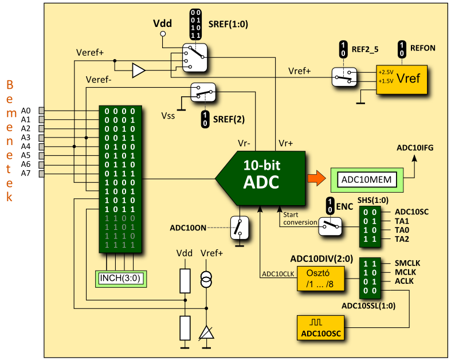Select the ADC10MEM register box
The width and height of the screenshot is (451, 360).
pos(367,179)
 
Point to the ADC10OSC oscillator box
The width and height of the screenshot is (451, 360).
pos(321,328)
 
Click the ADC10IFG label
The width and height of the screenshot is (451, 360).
pos(415,148)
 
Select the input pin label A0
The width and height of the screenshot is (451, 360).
pos(26,111)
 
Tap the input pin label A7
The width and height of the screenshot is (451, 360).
pos(26,173)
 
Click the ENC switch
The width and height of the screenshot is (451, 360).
pos(330,226)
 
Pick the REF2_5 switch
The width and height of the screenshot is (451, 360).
pos(344,77)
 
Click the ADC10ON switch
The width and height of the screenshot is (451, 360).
pos(240,228)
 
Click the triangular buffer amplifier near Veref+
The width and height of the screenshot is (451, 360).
pos(138,71)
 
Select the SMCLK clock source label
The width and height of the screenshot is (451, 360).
pos(407,263)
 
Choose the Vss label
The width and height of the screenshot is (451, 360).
pos(168,115)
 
